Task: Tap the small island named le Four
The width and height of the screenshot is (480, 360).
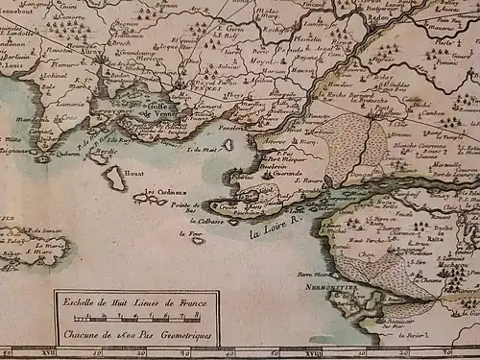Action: tap(197, 239)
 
